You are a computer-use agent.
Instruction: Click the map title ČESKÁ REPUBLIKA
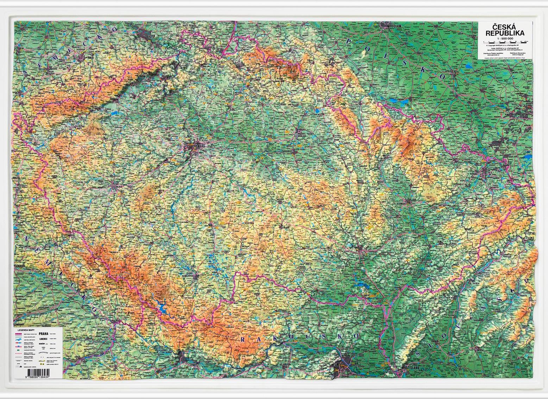(505, 30)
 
